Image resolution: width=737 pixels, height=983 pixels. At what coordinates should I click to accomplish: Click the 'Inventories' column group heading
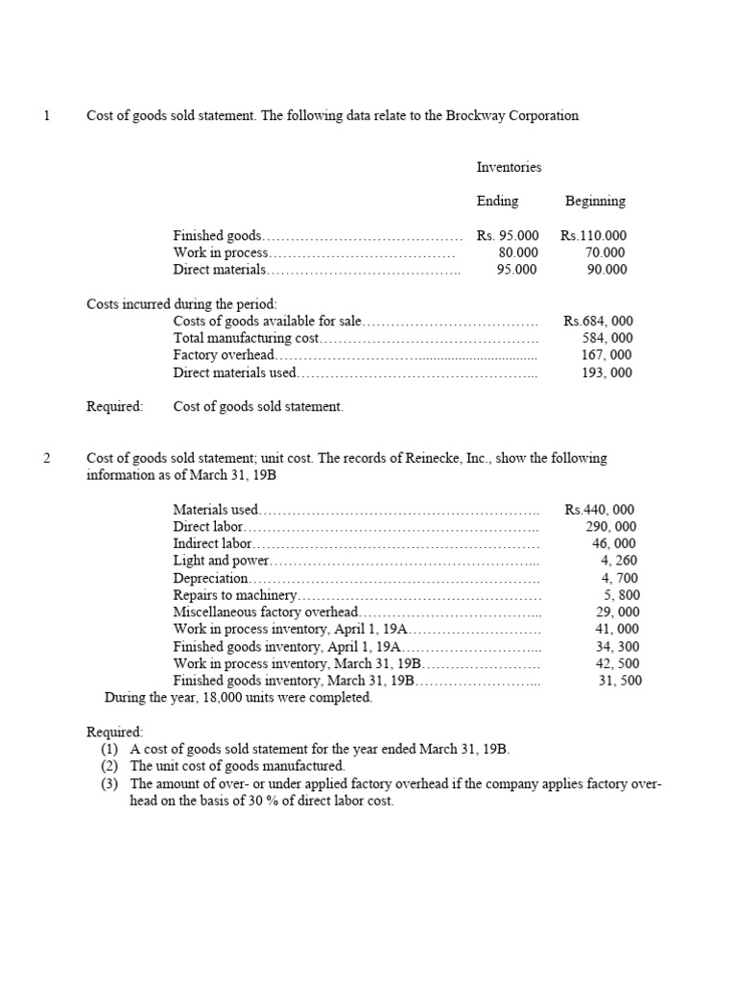coord(509,167)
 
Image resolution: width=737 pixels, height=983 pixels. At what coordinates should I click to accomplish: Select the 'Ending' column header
coord(497,202)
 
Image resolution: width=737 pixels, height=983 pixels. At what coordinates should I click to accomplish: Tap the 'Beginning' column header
coord(595,202)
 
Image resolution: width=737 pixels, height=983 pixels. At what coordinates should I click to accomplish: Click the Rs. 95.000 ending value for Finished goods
coord(508,235)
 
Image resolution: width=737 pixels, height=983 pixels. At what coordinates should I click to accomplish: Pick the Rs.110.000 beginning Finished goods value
coord(595,235)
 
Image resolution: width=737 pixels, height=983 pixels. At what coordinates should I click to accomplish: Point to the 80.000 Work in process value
coord(518,252)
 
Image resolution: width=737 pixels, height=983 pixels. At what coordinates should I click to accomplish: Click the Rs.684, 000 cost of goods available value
coord(599,322)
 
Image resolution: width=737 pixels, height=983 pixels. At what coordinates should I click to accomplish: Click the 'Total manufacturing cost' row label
coord(246,338)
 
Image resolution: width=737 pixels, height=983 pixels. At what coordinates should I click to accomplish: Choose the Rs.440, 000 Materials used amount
coord(600,510)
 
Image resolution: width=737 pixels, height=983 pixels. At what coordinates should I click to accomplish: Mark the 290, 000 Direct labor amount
coord(610,527)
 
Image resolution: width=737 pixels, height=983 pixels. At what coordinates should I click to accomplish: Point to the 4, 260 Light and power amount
coord(618,561)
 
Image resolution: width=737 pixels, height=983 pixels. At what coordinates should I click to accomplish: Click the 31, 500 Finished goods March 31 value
coord(620,681)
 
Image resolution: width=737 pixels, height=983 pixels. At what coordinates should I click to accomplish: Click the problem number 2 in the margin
coord(46,458)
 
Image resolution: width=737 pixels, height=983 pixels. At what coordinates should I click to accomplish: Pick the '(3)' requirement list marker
coord(110,783)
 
